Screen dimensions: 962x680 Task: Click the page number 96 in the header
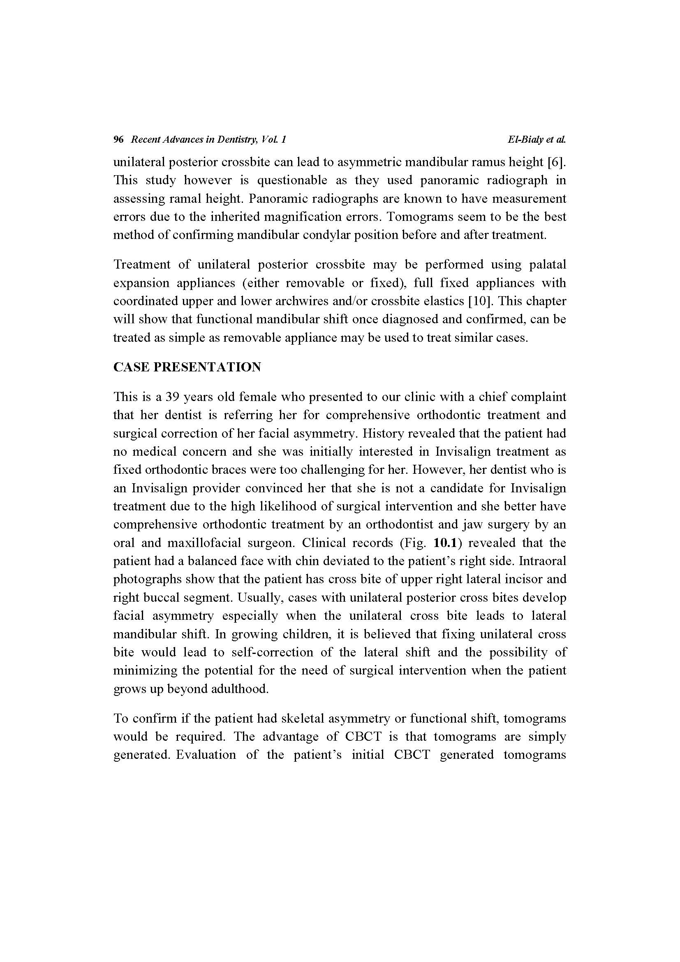click(x=118, y=139)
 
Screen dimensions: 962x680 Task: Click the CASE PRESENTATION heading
click(x=187, y=367)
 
